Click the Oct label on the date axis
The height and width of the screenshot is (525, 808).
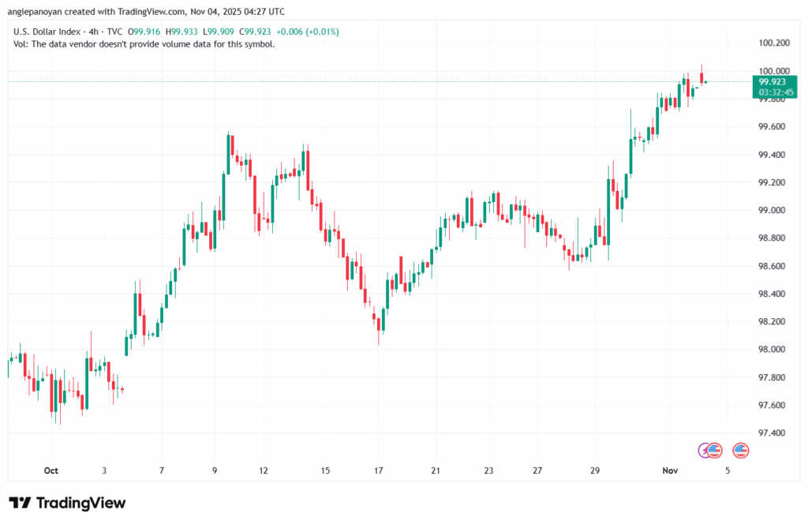pyautogui.click(x=51, y=471)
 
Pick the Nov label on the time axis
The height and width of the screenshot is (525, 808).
pyautogui.click(x=670, y=471)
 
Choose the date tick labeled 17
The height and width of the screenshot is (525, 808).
pyautogui.click(x=379, y=471)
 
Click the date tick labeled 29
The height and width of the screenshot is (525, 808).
pyautogui.click(x=595, y=471)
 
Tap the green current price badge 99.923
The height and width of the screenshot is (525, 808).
pyautogui.click(x=772, y=81)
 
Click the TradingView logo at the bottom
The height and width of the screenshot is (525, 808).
pyautogui.click(x=67, y=503)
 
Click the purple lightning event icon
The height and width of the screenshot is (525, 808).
pyautogui.click(x=704, y=450)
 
